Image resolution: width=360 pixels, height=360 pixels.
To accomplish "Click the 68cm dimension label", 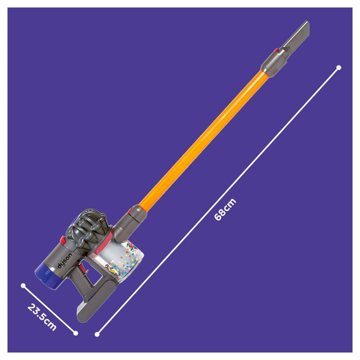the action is click(225, 209).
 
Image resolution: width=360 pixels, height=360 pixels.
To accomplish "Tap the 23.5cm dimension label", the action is click(42, 317).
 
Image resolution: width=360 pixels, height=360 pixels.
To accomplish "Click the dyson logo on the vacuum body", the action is click(65, 261).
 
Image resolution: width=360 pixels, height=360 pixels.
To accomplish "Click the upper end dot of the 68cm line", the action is click(338, 67).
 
